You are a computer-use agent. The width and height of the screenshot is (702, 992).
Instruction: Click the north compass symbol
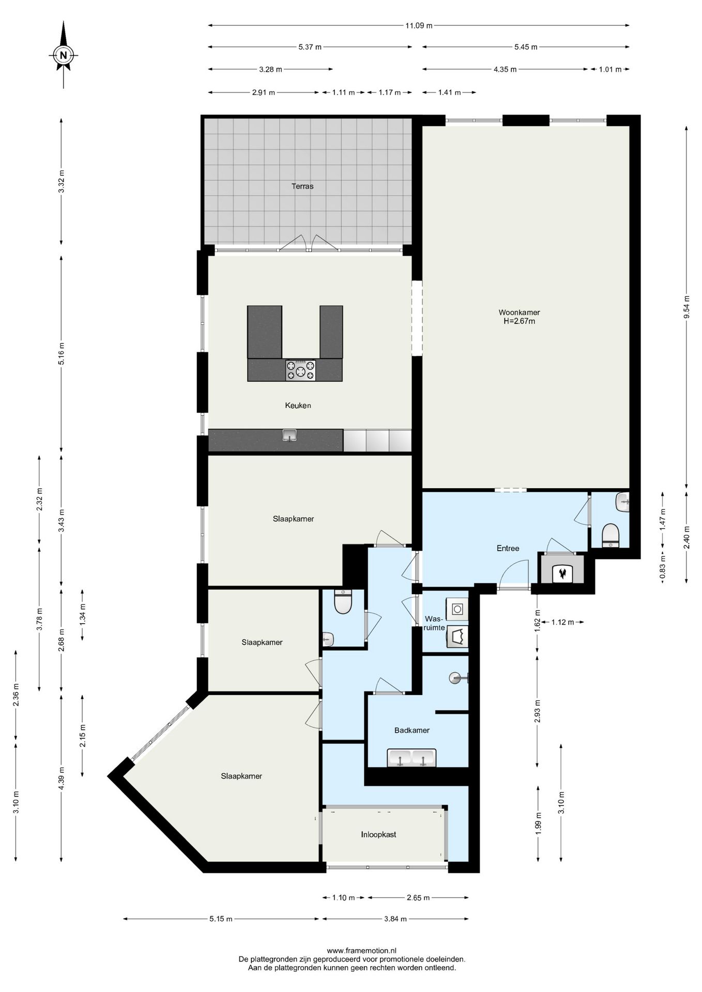point(64,55)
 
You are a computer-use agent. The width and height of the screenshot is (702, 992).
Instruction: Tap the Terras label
point(302,187)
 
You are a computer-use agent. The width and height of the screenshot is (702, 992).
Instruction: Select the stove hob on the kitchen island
point(300,370)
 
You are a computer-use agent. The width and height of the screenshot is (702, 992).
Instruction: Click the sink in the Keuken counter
point(290,436)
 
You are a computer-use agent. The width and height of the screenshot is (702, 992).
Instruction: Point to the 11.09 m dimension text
point(419,25)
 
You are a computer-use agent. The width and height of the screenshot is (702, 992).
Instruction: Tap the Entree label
point(508,548)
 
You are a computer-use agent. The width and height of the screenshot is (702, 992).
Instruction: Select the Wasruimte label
point(434,623)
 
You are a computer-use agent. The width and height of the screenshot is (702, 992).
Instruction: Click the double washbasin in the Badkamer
point(411,758)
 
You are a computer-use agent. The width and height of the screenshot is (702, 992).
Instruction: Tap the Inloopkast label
point(378,834)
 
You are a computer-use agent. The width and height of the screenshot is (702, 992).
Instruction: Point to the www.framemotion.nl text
point(362,950)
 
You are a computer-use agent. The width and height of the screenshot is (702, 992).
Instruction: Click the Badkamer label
point(411,730)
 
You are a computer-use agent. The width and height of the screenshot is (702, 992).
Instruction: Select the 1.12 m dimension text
point(562,622)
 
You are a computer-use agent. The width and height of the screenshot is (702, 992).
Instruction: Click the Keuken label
point(298,406)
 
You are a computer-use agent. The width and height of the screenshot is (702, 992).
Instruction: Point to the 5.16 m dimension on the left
point(62,353)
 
